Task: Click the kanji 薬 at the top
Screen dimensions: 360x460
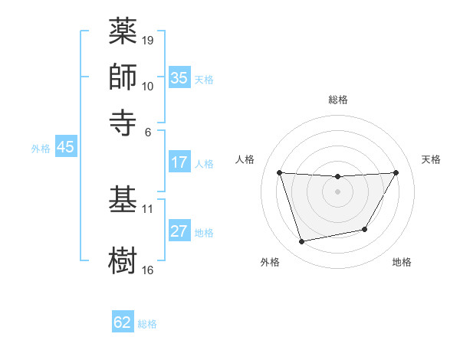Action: (123, 32)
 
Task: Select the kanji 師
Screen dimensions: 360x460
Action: (123, 77)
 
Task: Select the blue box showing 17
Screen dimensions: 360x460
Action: (179, 163)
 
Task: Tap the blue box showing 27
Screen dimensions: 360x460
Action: (179, 232)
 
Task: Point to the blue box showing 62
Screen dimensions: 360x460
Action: (123, 323)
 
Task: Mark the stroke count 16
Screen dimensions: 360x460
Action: (148, 270)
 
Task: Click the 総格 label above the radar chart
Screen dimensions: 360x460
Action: (338, 100)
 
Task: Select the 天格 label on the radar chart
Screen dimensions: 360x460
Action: (431, 159)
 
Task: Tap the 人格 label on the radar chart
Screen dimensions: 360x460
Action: (245, 159)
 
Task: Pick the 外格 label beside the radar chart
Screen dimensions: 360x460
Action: (269, 262)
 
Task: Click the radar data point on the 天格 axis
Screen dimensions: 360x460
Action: (396, 172)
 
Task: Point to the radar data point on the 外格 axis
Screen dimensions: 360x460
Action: (302, 242)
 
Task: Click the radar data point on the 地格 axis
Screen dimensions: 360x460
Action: (365, 229)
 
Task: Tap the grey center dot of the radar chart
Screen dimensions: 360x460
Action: (338, 191)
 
